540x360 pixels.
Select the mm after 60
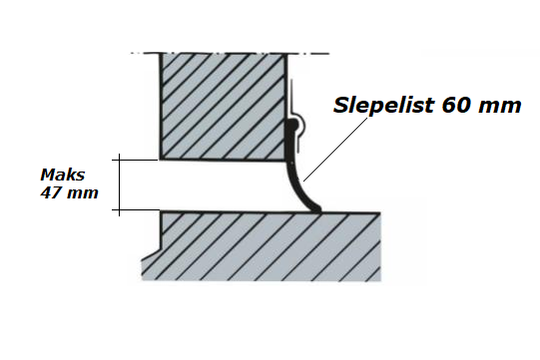[499, 107]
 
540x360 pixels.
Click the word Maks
[62, 175]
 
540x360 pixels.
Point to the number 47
[51, 192]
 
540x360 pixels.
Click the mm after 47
[83, 193]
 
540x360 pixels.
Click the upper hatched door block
[223, 107]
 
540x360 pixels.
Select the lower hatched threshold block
[262, 246]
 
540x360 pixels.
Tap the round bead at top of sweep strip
[292, 124]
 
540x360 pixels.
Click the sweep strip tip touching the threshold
[316, 208]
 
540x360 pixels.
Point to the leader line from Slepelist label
[335, 149]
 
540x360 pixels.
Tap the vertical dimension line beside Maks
[120, 184]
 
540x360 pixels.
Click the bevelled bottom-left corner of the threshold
[151, 255]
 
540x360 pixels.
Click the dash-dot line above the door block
[230, 53]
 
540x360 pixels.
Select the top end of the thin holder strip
[291, 81]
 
